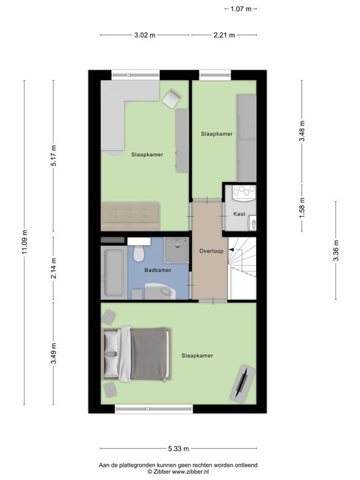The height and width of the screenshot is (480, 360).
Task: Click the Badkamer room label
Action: pos(158,270)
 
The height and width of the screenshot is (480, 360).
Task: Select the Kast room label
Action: pos(239,214)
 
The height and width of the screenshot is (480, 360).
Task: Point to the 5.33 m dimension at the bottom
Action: pos(179,449)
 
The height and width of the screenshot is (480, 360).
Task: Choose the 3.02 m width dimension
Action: pos(145,35)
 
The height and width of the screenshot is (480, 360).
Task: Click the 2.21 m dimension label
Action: pos(224,35)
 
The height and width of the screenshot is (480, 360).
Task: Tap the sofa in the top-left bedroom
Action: pos(130,216)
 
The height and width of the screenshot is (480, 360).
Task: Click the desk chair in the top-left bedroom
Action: pos(171,99)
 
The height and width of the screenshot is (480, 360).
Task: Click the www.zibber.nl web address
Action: pos(194,471)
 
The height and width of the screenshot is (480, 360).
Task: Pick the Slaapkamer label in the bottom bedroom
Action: pos(197,356)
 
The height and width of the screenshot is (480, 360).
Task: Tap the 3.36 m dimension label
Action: pos(336,251)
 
